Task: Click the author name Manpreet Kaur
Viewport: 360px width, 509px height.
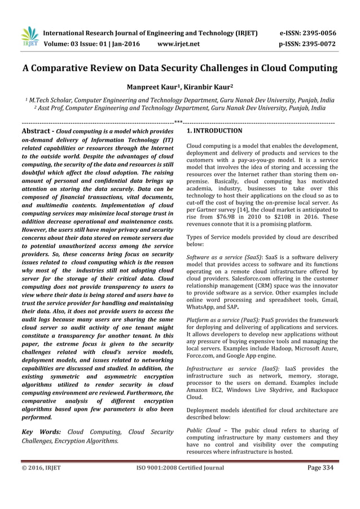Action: [153, 88]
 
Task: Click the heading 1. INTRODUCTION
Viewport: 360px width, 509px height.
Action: [214, 131]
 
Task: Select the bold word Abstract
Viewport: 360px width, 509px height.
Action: [35, 131]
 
